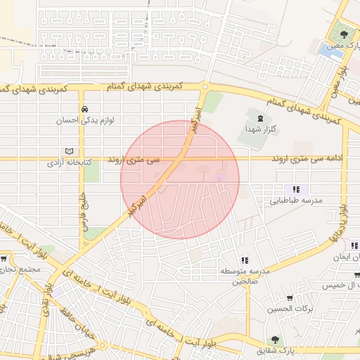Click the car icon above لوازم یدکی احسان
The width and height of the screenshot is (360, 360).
(84, 110)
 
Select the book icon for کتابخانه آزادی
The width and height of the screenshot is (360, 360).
(68, 151)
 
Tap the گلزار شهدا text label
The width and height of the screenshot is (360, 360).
(259, 130)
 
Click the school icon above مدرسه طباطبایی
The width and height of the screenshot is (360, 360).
(296, 189)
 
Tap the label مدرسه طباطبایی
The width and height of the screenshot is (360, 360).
(296, 200)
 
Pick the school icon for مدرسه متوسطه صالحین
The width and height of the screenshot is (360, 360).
(244, 260)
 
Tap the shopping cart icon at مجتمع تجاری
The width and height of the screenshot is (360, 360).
(4, 259)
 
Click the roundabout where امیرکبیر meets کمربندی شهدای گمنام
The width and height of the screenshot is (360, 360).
(204, 87)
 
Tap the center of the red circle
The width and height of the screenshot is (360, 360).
(180, 179)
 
